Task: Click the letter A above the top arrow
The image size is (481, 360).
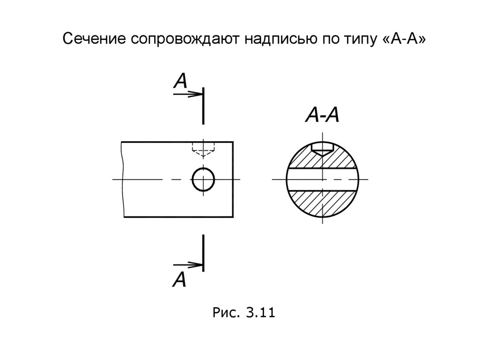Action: pos(180,81)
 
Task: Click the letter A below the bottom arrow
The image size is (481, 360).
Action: pos(179,280)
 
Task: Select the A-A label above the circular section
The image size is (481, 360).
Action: pos(322,115)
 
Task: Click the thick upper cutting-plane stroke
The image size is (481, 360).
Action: pos(203,106)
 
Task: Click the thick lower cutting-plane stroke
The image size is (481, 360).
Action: pos(203,253)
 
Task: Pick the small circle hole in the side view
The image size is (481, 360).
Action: pos(203,179)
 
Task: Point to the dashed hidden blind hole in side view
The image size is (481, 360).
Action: pos(203,149)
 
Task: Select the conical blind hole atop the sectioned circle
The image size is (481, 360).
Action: pos(323,150)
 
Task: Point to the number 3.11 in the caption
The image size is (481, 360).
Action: pos(257,312)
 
